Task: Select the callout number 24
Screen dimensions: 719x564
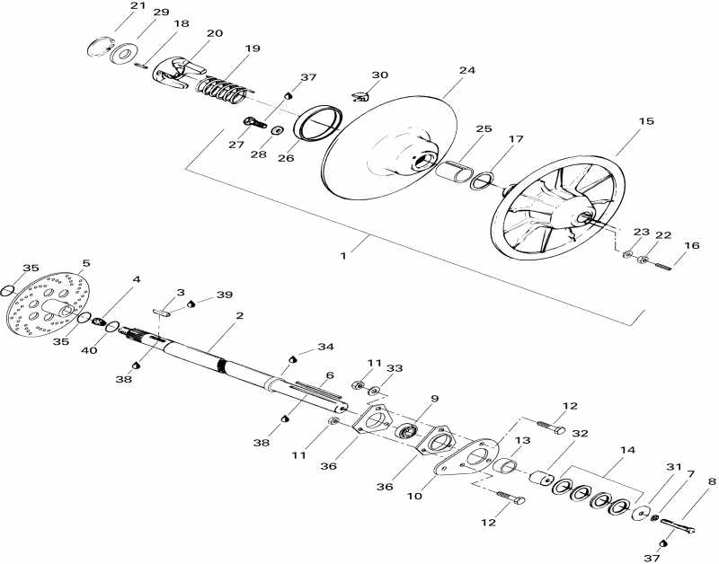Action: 466,70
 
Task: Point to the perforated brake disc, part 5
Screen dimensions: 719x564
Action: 49,305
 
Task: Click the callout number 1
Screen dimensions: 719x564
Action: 343,256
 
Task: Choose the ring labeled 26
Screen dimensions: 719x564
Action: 318,122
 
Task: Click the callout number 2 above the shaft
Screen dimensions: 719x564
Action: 239,315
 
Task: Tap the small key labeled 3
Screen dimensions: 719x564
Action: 162,313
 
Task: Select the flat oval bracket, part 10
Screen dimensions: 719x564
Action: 466,457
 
